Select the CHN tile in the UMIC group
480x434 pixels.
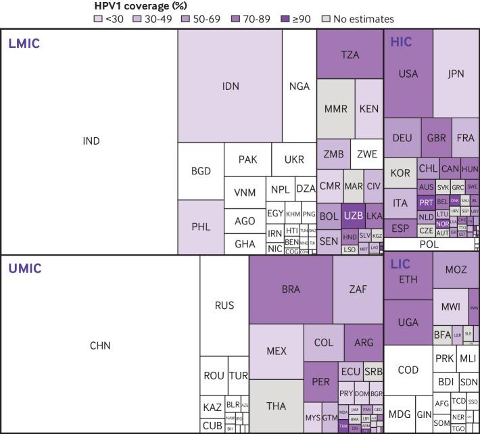tap(99, 345)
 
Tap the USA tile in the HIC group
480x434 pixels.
tap(408, 74)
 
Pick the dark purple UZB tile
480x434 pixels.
tap(354, 216)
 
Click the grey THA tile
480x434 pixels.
tap(276, 406)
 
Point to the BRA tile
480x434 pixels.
tap(291, 289)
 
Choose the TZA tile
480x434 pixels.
tap(350, 55)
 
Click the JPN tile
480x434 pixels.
tap(456, 74)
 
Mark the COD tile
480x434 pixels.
tap(408, 370)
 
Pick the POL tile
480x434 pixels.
tap(430, 245)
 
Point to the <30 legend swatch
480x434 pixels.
tap(98, 20)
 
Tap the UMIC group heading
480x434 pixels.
tap(24, 268)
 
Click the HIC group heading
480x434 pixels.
tap(402, 42)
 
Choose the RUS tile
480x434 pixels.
tap(224, 306)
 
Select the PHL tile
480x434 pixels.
tap(201, 227)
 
